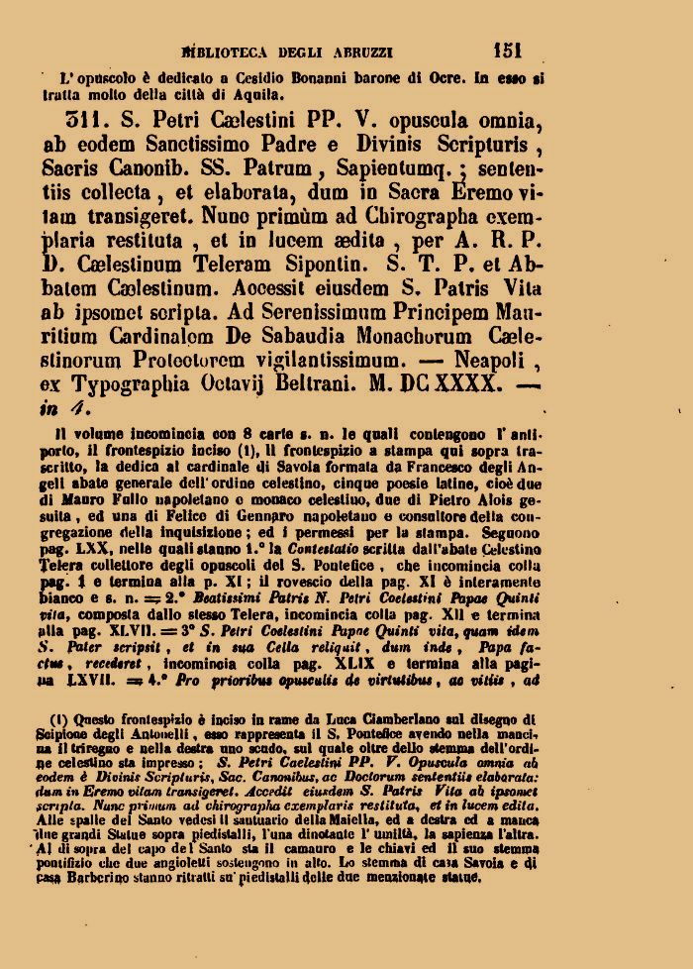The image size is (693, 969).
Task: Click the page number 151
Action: tap(506, 50)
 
